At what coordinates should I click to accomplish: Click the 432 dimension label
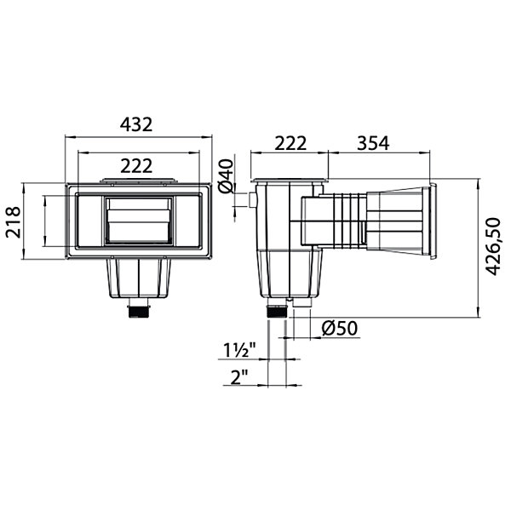click(x=136, y=124)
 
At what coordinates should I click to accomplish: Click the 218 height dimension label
click(x=14, y=222)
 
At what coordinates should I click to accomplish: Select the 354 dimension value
click(x=373, y=143)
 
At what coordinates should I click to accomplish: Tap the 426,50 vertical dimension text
click(x=492, y=247)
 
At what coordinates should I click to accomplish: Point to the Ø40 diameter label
click(x=227, y=176)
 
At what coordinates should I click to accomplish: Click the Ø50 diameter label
click(x=340, y=329)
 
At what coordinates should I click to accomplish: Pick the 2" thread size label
click(x=239, y=377)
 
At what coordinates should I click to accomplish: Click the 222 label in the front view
click(x=136, y=166)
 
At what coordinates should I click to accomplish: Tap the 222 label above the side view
click(x=290, y=143)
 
